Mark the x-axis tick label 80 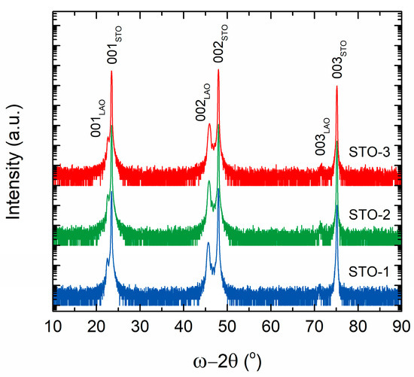[358, 325]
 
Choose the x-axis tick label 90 [400, 325]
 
